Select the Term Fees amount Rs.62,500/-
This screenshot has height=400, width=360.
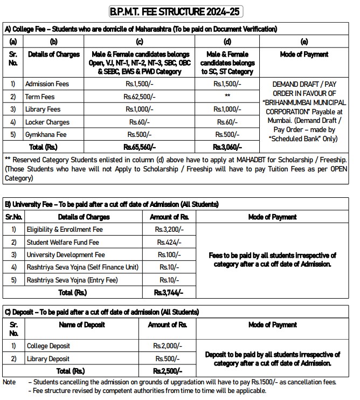[139, 96]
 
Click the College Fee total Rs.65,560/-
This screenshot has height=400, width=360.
[139, 147]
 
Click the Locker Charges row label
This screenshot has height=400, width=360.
[47, 122]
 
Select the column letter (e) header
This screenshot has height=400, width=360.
[303, 41]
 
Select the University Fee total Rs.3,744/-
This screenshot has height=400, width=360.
[168, 293]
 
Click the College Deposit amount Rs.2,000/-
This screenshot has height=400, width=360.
[168, 346]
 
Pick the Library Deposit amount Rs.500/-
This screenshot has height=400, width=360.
[168, 358]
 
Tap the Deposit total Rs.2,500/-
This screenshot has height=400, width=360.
[168, 371]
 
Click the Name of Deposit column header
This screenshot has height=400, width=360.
[81, 325]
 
